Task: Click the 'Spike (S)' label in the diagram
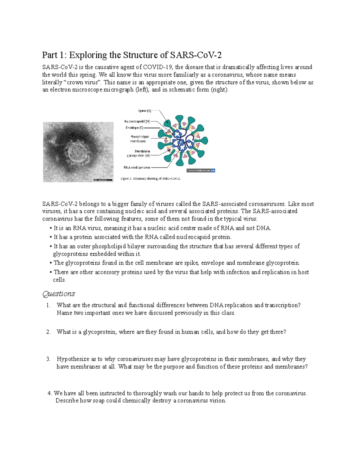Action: point(144,111)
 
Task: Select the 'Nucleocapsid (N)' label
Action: point(137,122)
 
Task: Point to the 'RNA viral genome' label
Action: point(137,167)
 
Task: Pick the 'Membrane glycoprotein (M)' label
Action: point(138,154)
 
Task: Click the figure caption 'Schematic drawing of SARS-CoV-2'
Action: point(150,179)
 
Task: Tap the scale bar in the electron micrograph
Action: point(103,180)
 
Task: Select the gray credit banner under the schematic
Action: point(201,170)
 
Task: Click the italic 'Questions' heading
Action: point(58,294)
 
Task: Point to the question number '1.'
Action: point(48,305)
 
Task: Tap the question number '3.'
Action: point(48,359)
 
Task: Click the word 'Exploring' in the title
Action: point(88,55)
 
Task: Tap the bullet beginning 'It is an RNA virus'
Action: point(162,228)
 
